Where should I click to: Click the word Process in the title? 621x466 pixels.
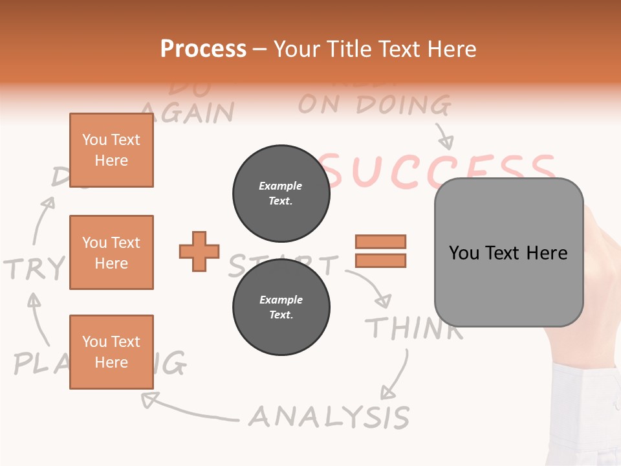(203, 49)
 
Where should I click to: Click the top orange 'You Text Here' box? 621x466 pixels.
(111, 150)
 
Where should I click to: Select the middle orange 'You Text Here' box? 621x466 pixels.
(111, 252)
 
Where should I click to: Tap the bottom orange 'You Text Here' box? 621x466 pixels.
(111, 351)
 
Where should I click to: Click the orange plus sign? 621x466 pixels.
(199, 251)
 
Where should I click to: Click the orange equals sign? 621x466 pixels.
(380, 251)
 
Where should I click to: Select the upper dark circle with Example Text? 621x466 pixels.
(281, 193)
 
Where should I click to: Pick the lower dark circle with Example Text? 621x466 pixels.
(281, 307)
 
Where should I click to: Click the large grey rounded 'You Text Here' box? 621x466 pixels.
(508, 252)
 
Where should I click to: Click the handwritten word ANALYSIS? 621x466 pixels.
(329, 417)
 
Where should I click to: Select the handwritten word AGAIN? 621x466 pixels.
(187, 112)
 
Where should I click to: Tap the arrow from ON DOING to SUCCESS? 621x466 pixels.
(444, 136)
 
